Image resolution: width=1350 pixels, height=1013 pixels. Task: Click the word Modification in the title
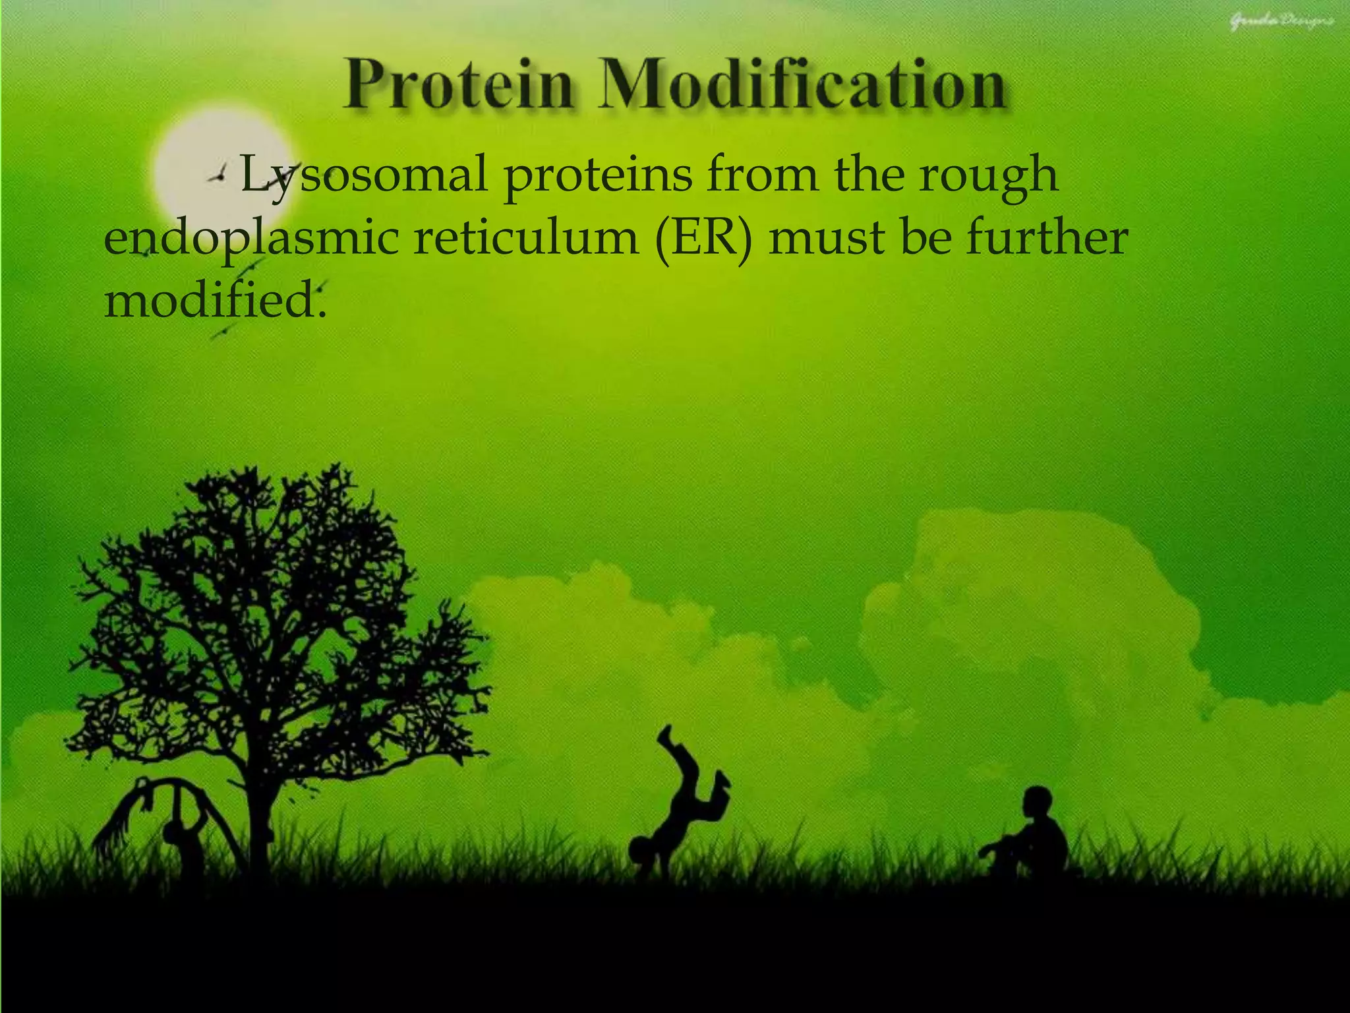802,86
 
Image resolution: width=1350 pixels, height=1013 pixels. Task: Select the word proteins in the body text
599,175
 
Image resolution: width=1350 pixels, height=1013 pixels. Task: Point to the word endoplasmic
251,239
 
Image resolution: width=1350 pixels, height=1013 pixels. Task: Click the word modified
215,301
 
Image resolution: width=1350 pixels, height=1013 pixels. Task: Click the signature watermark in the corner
1281,22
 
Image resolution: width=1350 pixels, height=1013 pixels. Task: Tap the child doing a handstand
679,811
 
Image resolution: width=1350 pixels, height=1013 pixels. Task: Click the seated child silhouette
1032,838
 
